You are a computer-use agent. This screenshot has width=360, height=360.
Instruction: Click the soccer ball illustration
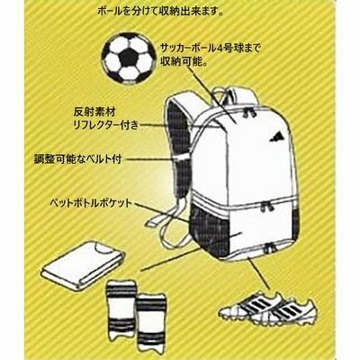point(129,58)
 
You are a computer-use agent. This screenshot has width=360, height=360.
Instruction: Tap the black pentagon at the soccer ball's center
point(129,58)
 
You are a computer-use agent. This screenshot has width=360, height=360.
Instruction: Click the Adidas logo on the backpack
point(276,137)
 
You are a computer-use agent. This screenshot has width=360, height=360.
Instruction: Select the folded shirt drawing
point(83,263)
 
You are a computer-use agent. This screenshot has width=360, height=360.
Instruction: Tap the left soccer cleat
point(250,306)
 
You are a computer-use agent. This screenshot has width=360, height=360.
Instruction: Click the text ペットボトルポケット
point(92,203)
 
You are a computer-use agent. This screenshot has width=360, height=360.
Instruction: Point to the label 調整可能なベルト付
point(78,159)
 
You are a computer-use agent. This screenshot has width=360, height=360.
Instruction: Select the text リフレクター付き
point(106,125)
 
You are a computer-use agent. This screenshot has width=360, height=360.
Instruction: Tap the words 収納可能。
point(183,62)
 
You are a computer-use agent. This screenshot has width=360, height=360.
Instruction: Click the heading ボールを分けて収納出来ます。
point(161,13)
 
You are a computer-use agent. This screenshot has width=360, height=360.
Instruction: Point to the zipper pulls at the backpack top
point(250,112)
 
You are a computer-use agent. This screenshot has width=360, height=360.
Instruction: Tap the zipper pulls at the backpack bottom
point(271,248)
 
